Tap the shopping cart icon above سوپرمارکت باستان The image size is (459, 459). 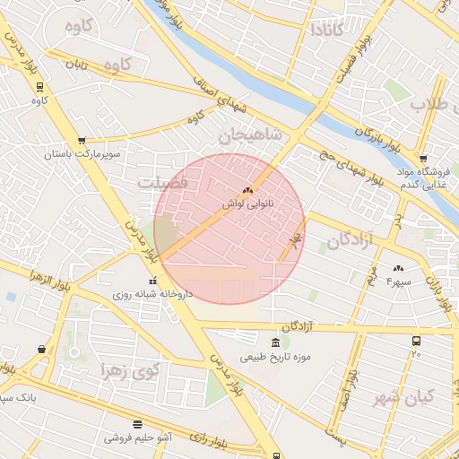82,141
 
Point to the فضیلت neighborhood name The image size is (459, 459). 162,182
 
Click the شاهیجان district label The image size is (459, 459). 250,135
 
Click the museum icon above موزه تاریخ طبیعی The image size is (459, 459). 275,343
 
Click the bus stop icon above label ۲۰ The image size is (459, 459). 416,341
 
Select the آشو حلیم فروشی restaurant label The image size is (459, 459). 138,437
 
